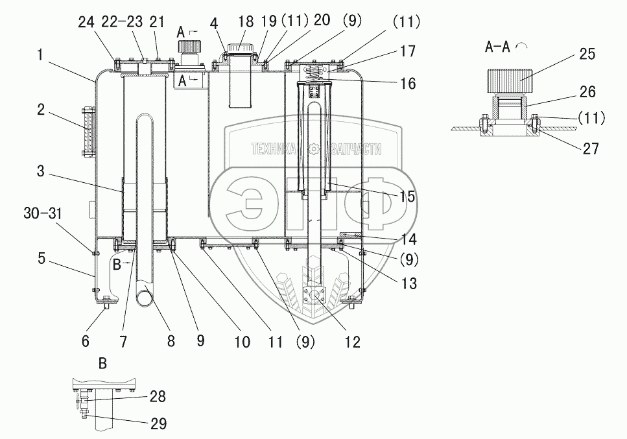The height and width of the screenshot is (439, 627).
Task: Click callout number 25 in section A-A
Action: click(586, 54)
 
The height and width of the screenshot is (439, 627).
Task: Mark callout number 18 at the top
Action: click(246, 22)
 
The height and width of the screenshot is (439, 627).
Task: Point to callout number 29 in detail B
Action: click(158, 424)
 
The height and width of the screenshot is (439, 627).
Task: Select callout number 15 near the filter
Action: click(407, 196)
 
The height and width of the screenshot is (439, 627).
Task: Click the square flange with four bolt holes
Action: click(314, 296)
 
